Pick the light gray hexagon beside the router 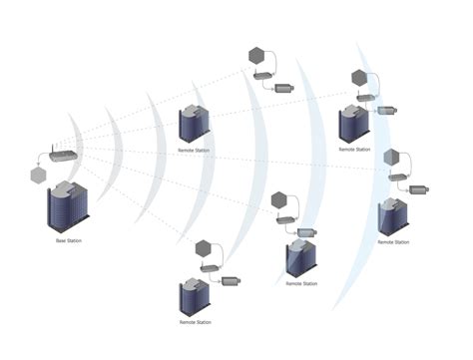point(39,175)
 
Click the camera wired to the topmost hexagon point(284,88)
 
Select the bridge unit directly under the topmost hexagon point(260,75)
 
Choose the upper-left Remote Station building point(193,124)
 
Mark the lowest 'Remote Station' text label point(195,322)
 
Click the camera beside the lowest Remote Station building point(231,281)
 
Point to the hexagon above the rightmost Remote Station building point(392,157)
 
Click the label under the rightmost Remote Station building point(393,242)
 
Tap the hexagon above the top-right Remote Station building point(359,78)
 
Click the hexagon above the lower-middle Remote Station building point(283,197)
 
